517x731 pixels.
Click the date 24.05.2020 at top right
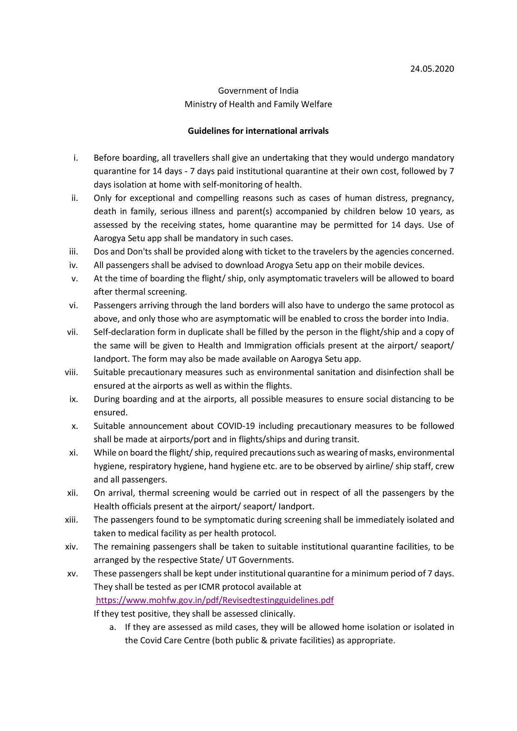tap(432, 69)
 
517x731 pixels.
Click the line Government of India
tap(258, 90)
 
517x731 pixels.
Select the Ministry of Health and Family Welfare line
tap(258, 104)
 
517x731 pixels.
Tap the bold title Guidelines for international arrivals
tap(258, 131)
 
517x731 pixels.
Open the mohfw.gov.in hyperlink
tap(215, 600)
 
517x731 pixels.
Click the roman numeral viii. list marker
tap(71, 372)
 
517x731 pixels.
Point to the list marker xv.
tap(72, 573)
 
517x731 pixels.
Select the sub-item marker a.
tap(112, 627)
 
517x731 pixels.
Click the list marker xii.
tap(72, 493)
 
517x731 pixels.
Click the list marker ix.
tap(74, 399)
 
